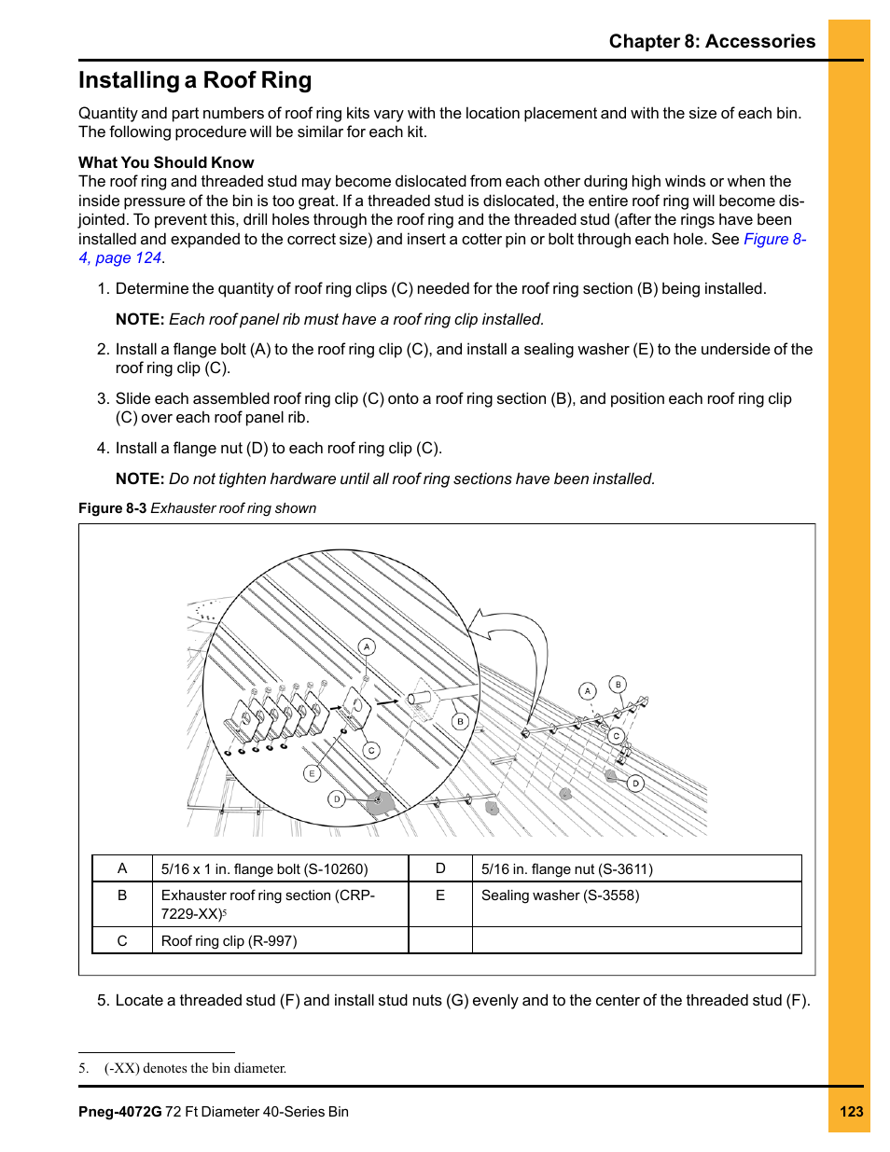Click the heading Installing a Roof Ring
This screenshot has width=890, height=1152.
point(195,81)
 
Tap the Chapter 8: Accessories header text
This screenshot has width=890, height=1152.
point(712,42)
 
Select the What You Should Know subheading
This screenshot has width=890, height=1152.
point(166,162)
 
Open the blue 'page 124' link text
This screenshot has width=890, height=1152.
point(128,258)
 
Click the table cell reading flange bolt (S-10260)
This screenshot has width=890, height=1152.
point(264,869)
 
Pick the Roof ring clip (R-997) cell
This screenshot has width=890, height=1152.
point(229,941)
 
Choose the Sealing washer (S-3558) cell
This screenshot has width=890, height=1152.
point(560,895)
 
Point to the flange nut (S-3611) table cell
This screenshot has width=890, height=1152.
point(566,869)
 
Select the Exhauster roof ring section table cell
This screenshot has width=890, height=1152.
point(268,904)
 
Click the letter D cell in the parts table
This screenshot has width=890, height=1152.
point(440,868)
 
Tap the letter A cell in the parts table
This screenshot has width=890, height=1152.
point(122,868)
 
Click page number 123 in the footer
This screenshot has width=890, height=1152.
point(851,1112)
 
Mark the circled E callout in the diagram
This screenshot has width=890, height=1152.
point(312,773)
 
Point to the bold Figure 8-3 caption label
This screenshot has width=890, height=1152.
point(112,508)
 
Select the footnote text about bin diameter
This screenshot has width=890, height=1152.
point(195,1068)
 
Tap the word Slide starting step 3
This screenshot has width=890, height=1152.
point(133,399)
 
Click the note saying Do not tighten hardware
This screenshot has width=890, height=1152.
point(411,479)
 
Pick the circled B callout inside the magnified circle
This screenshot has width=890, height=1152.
point(460,721)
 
